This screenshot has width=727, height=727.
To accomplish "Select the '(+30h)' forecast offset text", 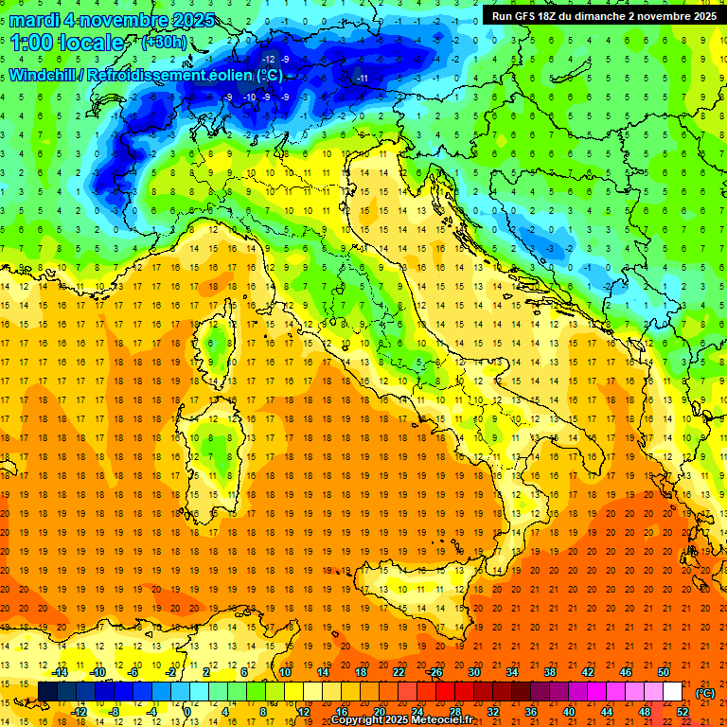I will [x=163, y=43].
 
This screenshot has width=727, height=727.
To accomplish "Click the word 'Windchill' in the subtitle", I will [x=44, y=75].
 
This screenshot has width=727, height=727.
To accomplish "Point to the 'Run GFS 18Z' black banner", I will [x=603, y=15].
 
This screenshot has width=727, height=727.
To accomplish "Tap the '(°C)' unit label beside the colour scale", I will [x=705, y=693].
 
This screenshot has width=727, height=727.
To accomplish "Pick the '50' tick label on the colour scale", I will [x=664, y=672].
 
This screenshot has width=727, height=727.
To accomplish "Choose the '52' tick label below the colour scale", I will [x=683, y=712].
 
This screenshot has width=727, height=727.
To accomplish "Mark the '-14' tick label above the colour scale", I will [x=60, y=672].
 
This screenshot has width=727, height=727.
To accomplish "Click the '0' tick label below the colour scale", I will [x=187, y=712].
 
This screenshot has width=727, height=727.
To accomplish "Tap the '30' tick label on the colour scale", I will [x=474, y=672].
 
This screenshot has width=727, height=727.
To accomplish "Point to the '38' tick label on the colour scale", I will [x=550, y=672].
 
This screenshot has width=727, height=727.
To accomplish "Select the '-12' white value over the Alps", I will [x=270, y=60].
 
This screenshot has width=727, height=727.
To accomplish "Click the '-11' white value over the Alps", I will [x=362, y=78].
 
